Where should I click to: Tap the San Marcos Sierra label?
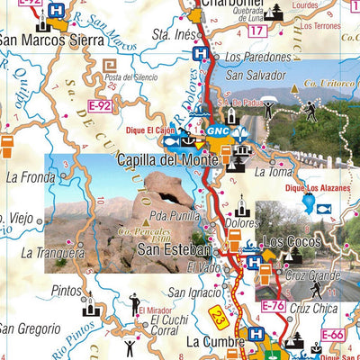[x=49, y=40]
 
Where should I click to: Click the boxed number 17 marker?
[x=258, y=31]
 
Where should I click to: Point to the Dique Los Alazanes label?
[x=322, y=188]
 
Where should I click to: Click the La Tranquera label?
[x=54, y=252]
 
